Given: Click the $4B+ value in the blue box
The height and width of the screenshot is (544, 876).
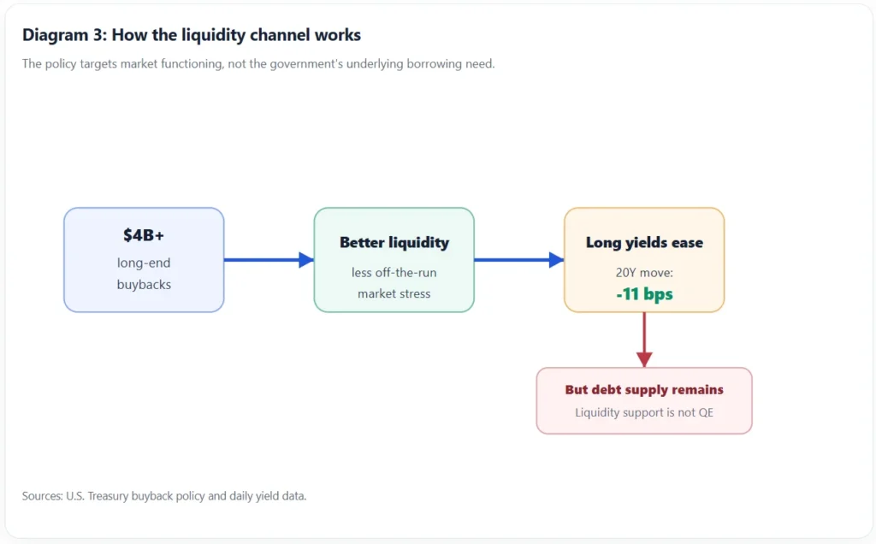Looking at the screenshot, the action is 144,236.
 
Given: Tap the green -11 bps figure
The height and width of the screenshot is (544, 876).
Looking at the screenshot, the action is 644,293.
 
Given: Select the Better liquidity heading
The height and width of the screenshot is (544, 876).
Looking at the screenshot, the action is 394,242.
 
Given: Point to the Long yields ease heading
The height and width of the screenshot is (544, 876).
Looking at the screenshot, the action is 644,242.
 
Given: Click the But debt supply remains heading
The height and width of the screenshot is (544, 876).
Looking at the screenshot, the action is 644,389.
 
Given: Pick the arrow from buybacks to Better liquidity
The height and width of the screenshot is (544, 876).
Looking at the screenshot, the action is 269,260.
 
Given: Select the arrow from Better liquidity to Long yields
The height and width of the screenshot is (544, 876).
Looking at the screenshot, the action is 519,260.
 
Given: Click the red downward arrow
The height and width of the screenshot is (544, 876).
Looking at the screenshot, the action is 644,340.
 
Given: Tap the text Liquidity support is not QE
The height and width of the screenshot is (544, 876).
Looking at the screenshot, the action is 644,412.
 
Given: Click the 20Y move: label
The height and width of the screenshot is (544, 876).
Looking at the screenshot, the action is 644,273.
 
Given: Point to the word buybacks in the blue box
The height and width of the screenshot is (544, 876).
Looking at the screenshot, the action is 144,284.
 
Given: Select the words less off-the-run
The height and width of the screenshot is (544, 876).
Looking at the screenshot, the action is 394,273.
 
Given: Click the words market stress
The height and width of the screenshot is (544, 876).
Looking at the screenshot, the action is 394,293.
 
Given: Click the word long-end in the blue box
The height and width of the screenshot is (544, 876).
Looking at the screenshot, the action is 144,263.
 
